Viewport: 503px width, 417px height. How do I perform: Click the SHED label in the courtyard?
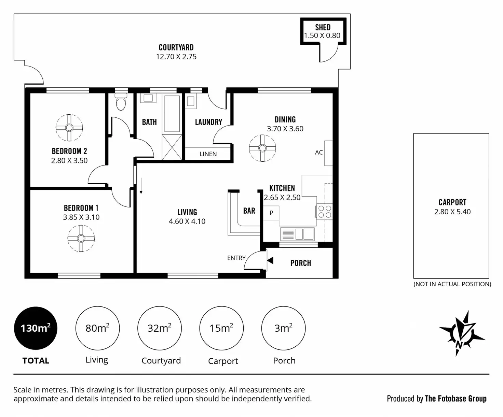(323, 27)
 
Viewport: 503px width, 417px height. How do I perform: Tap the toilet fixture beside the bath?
(121, 102)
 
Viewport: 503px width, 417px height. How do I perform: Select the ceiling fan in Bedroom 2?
(69, 128)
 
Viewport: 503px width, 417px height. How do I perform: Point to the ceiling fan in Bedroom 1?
(81, 239)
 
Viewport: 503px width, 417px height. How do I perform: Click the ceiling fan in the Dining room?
(262, 148)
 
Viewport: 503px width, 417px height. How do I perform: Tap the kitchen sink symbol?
(297, 234)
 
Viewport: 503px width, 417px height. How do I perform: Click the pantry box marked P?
(271, 213)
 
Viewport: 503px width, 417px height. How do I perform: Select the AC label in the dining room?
(319, 153)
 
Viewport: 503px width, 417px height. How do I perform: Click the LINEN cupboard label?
(208, 154)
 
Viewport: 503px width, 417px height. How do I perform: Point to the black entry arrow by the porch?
(270, 261)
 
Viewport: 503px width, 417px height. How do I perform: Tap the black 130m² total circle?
(36, 328)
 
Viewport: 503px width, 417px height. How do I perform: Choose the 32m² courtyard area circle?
(160, 328)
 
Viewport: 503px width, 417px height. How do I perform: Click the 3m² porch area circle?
(283, 328)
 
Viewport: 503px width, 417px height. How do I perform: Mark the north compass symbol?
(461, 334)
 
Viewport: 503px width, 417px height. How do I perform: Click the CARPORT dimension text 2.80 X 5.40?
(452, 212)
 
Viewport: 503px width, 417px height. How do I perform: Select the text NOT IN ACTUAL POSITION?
(452, 284)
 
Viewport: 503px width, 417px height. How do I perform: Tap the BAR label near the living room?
(249, 211)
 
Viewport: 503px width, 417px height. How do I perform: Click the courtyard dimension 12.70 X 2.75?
(176, 57)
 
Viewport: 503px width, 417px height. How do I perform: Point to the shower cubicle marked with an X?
(172, 147)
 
